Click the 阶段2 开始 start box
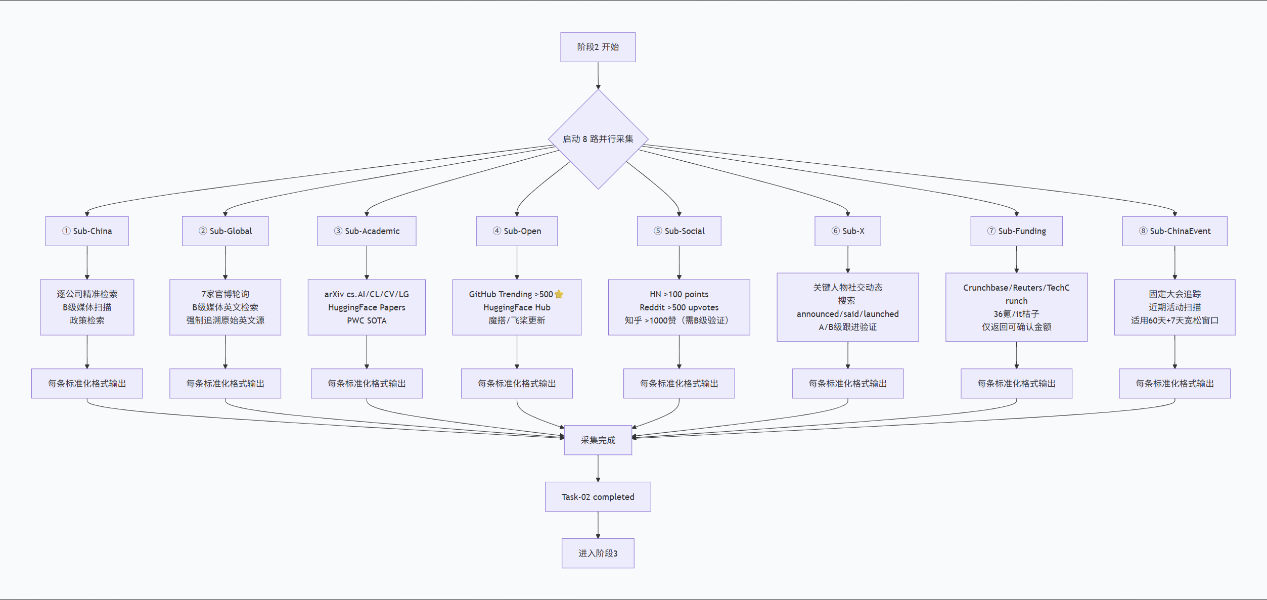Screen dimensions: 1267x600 [598, 47]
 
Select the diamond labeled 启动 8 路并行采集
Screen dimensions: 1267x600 [598, 139]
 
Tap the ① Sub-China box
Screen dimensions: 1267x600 [87, 231]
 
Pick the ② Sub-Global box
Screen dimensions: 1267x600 [225, 231]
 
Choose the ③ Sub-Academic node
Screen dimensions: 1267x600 [367, 231]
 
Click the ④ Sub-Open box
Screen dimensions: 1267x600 [517, 231]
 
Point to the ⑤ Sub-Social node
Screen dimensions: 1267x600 [679, 231]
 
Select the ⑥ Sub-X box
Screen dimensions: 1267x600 [848, 231]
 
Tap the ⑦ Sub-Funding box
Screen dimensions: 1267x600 [1016, 231]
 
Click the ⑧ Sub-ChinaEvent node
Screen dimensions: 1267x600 [1174, 231]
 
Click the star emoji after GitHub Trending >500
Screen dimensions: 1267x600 [559, 294]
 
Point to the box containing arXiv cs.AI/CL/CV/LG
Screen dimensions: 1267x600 [367, 307]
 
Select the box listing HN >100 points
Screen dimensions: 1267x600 [679, 307]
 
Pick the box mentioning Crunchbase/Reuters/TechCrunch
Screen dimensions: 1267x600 [1016, 307]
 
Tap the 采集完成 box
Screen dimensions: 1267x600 [598, 440]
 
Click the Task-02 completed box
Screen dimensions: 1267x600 [598, 496]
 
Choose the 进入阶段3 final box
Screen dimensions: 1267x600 [598, 553]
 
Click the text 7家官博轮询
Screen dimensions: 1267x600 [225, 294]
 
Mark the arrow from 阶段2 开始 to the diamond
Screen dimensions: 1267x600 [598, 75]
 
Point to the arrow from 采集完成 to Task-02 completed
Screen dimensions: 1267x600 [598, 468]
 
